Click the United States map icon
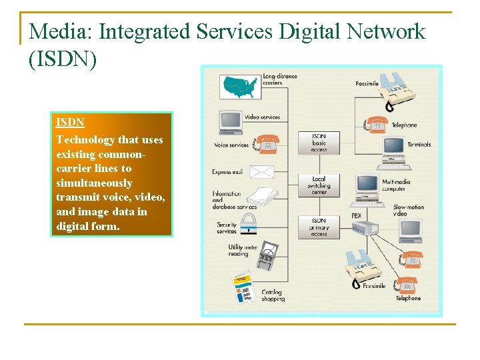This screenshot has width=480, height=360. tap(241, 85)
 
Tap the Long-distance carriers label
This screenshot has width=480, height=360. tap(280, 79)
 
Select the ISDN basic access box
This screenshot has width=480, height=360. tap(319, 142)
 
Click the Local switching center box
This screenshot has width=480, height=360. tap(319, 185)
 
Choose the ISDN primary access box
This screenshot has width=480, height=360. tap(319, 227)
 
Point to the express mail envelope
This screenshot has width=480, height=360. tap(261, 171)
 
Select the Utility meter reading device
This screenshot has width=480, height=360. tap(268, 255)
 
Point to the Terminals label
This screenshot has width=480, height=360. tap(419, 144)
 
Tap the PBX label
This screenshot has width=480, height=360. tap(357, 216)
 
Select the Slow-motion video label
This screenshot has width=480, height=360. tap(409, 211)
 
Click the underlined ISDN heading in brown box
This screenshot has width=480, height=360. tap(70, 123)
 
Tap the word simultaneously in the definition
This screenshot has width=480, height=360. tap(94, 183)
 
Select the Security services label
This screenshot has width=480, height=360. tap(227, 229)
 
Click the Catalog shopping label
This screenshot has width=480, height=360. tap(272, 295)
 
